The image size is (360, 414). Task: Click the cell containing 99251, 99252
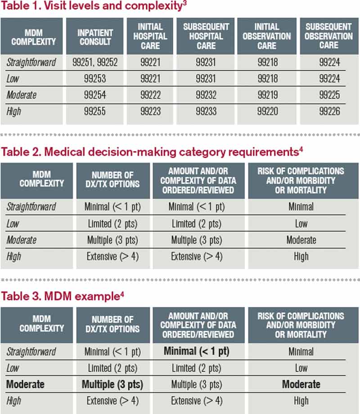pyautogui.click(x=94, y=62)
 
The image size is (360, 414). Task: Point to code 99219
pyautogui.click(x=267, y=95)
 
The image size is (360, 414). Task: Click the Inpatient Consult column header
pyautogui.click(x=94, y=36)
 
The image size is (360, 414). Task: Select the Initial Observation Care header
pyautogui.click(x=267, y=36)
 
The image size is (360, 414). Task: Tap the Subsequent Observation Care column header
pyautogui.click(x=329, y=36)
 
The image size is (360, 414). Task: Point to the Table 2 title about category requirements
pyautogui.click(x=151, y=152)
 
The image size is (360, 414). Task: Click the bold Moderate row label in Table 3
pyautogui.click(x=25, y=384)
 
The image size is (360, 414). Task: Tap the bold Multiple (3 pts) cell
pyautogui.click(x=112, y=384)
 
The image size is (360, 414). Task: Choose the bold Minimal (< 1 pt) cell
pyautogui.click(x=197, y=351)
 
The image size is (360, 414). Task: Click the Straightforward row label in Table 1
pyautogui.click(x=31, y=62)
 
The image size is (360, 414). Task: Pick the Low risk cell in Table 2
pyautogui.click(x=301, y=223)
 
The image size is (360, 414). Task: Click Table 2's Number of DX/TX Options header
pyautogui.click(x=112, y=179)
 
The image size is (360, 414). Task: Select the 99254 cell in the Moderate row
pyautogui.click(x=94, y=95)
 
